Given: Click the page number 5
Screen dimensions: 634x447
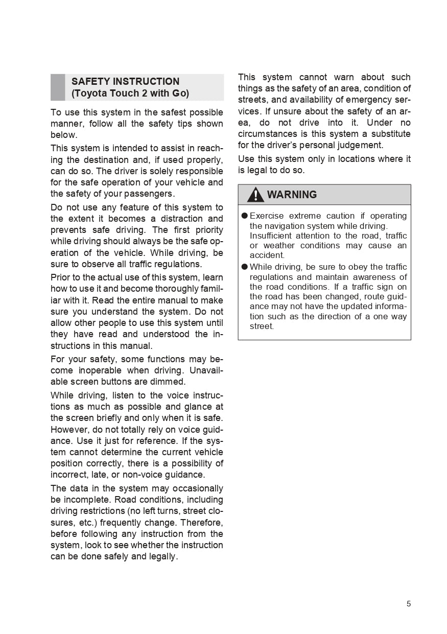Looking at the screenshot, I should click(x=409, y=604).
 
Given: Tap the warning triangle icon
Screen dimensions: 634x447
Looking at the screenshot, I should click(x=255, y=195).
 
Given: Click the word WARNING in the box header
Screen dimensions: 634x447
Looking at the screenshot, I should click(x=292, y=195).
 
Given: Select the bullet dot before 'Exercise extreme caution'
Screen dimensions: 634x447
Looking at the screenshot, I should click(x=245, y=216).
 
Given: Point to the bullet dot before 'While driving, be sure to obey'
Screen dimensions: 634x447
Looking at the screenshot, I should click(x=245, y=267).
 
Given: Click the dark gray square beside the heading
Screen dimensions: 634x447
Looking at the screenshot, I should click(x=58, y=87).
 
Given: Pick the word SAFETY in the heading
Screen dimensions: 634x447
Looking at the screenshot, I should click(x=90, y=82).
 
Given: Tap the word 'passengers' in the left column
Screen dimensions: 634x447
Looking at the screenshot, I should click(x=153, y=194).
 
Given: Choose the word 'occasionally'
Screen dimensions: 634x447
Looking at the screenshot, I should click(x=197, y=488).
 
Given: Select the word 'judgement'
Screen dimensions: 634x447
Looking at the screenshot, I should click(x=357, y=145).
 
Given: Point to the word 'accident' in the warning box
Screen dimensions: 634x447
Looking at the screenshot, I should click(x=266, y=255).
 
